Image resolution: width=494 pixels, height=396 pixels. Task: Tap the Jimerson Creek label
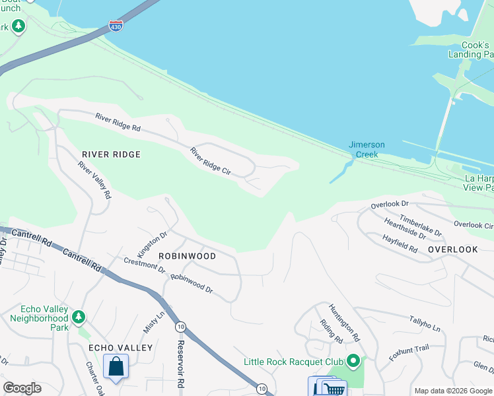367,150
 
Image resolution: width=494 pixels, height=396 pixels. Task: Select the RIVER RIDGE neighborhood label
111,154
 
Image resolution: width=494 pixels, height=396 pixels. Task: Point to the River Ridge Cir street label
210,161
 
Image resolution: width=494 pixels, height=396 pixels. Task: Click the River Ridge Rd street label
118,122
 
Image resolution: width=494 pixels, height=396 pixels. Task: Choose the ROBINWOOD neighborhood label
187,256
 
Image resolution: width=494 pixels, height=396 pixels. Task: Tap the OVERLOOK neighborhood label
452,249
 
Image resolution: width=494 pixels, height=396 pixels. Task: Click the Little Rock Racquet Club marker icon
353,361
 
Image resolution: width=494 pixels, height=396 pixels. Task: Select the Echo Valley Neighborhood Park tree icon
79,317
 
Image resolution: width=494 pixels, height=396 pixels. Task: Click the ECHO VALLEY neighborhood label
120,348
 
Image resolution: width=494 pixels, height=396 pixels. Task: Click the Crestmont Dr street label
145,265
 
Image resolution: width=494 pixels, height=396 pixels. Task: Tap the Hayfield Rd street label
400,244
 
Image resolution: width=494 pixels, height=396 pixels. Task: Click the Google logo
22,388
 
